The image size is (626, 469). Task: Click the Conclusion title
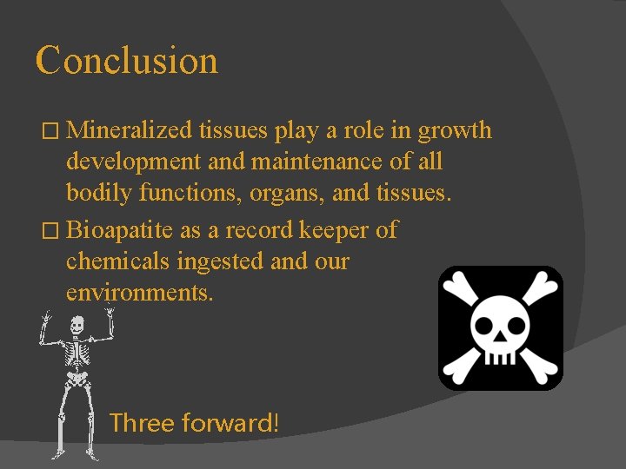click(127, 61)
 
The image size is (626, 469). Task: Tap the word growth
click(455, 131)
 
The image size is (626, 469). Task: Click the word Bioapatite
click(122, 230)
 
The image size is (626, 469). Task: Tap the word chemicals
click(118, 261)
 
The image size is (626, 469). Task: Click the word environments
click(139, 293)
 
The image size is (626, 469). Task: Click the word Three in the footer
click(142, 424)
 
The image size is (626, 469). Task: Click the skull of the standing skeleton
click(77, 326)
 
